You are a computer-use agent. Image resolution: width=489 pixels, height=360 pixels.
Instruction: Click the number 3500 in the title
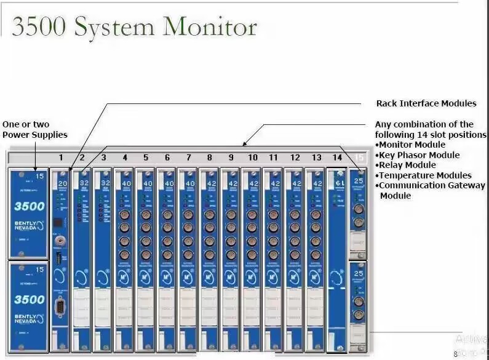pyautogui.click(x=38, y=28)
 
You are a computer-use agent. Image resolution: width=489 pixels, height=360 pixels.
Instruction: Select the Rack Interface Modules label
pyautogui.click(x=426, y=103)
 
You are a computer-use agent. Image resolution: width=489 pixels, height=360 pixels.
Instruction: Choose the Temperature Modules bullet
pyautogui.click(x=425, y=175)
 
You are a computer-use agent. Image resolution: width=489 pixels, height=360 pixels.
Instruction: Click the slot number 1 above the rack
pyautogui.click(x=61, y=158)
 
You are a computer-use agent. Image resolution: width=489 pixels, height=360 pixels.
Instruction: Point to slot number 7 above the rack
pyautogui.click(x=189, y=158)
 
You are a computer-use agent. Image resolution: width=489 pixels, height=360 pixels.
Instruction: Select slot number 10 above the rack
pyautogui.click(x=252, y=158)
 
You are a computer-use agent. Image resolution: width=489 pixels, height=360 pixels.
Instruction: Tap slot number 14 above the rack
pyautogui.click(x=337, y=158)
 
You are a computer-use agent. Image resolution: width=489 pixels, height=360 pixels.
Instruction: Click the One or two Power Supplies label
pyautogui.click(x=34, y=130)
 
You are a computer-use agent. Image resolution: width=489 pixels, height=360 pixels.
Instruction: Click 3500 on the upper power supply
pyautogui.click(x=30, y=206)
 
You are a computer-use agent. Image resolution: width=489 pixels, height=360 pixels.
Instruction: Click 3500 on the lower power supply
pyautogui.click(x=30, y=300)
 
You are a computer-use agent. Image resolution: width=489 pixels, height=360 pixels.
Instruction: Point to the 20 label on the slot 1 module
pyautogui.click(x=62, y=183)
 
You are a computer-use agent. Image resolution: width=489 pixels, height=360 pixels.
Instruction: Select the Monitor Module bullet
pyautogui.click(x=412, y=145)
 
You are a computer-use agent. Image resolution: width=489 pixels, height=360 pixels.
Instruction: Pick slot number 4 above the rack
pyautogui.click(x=125, y=158)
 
